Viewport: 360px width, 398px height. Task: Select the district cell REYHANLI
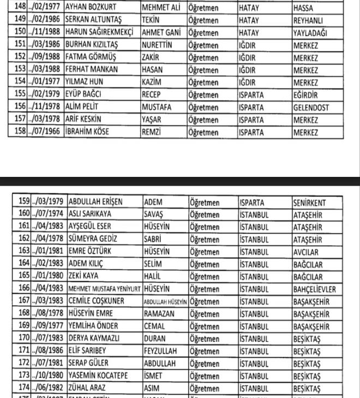310,21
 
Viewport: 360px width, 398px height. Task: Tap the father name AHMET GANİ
161,33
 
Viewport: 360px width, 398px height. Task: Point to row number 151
20,45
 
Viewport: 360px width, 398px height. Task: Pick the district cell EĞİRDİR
309,94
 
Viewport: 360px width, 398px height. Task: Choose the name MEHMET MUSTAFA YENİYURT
104,288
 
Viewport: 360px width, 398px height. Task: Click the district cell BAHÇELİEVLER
315,288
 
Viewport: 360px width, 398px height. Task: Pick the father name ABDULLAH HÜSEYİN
165,301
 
